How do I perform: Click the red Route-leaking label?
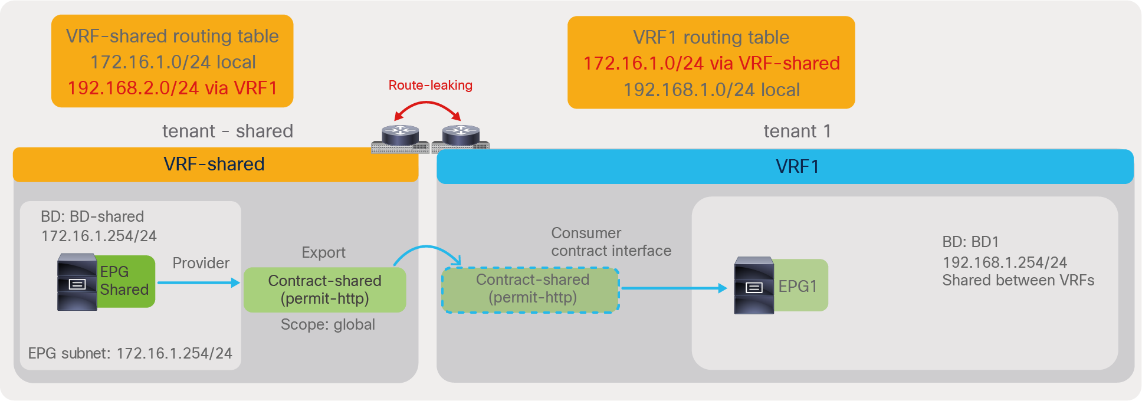(430, 86)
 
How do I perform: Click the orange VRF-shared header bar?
(215, 165)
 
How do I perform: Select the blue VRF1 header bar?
(785, 167)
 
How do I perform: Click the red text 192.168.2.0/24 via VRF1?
(172, 88)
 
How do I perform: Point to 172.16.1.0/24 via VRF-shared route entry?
(711, 64)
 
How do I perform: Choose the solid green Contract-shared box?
(324, 290)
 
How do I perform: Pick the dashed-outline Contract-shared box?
(531, 290)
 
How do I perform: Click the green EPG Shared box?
(126, 281)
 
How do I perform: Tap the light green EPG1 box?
(799, 286)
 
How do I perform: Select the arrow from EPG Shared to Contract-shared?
(199, 283)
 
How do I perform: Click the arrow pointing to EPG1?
(674, 288)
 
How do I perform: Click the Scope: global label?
(328, 325)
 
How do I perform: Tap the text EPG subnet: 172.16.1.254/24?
(130, 354)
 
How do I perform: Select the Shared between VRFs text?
(1018, 281)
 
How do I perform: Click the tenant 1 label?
(797, 132)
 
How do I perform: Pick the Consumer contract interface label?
(611, 242)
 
